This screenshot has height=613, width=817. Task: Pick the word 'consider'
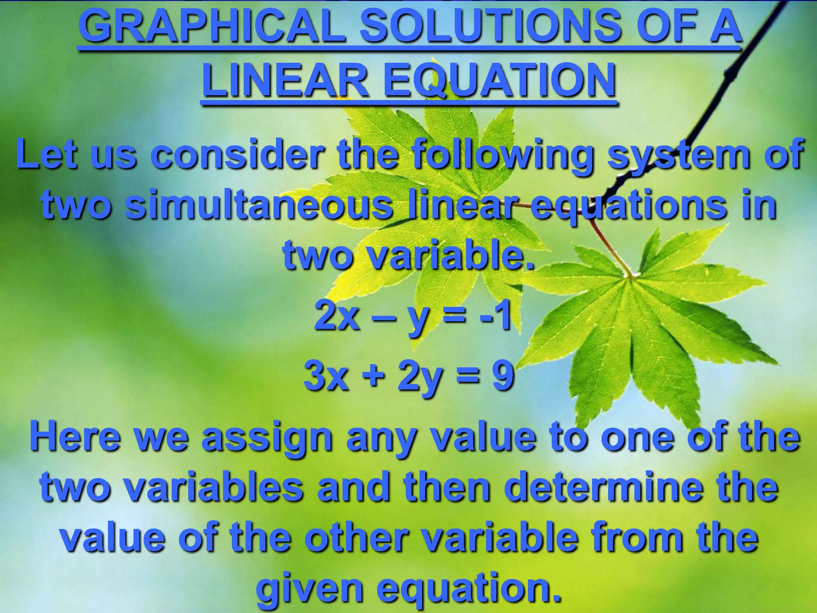pos(235,154)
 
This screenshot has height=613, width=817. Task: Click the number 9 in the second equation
pos(502,375)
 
